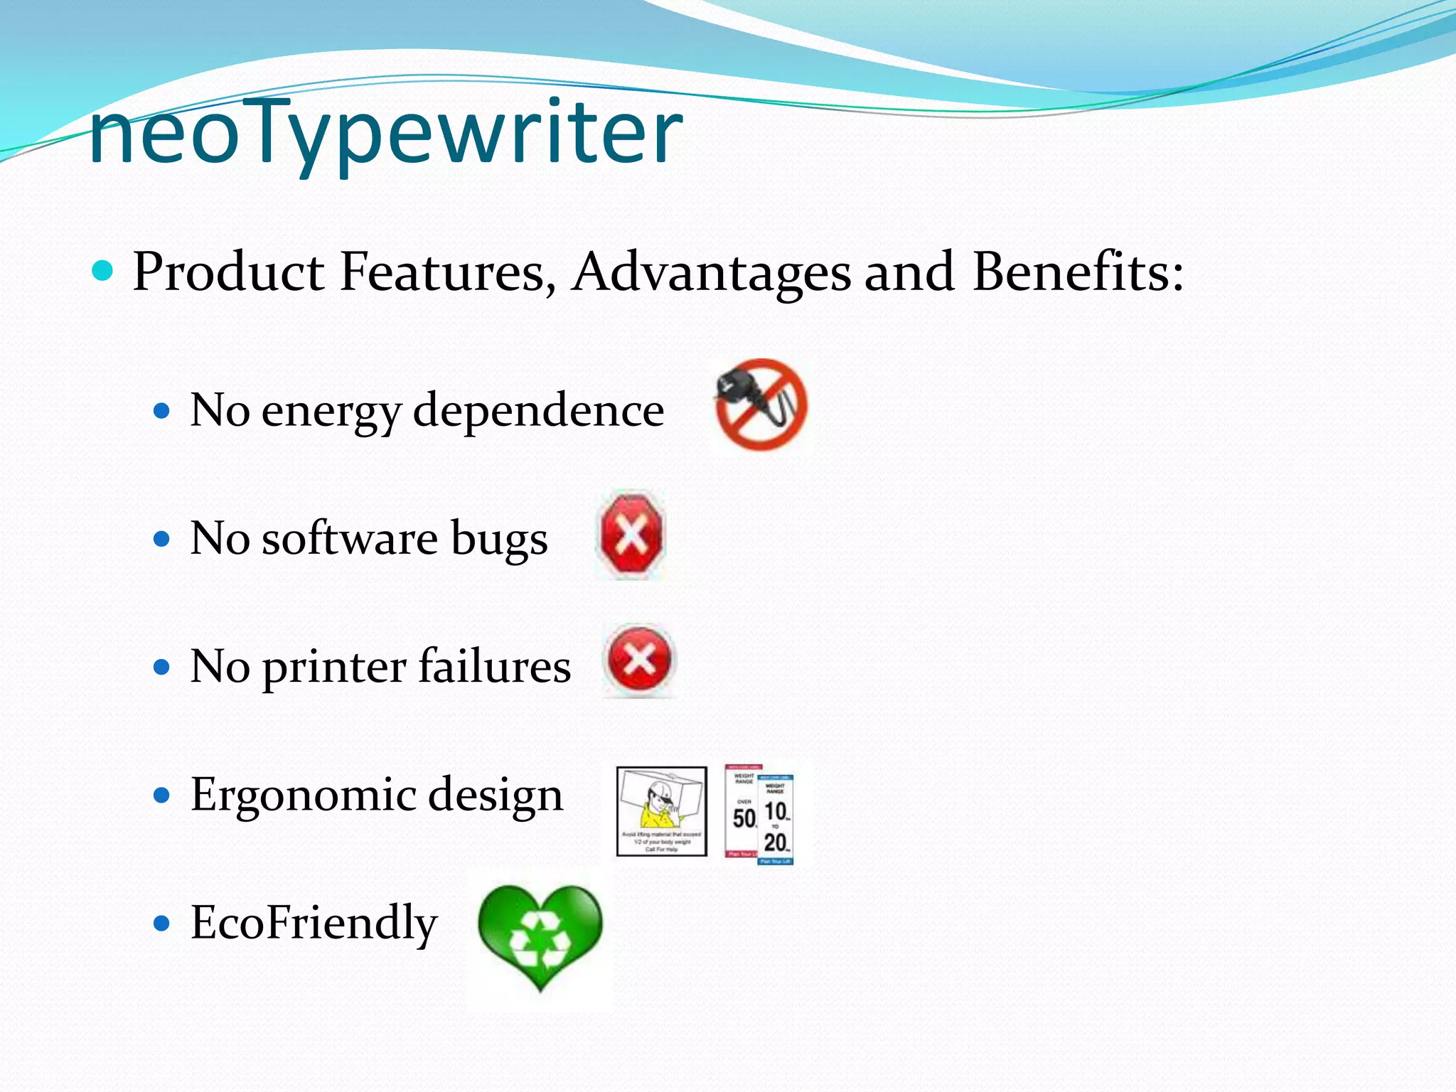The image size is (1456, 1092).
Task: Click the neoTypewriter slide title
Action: click(x=386, y=133)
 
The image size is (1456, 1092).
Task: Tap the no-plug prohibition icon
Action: click(x=761, y=405)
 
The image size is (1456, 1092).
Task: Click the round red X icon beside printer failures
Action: click(x=639, y=660)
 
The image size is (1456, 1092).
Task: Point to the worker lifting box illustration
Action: click(x=662, y=810)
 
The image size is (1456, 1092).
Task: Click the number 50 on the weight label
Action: click(x=744, y=818)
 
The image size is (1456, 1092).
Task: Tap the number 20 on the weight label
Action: click(x=776, y=843)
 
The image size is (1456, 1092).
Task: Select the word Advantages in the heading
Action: click(x=712, y=272)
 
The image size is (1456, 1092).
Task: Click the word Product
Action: click(x=228, y=272)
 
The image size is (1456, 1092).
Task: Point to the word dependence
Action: click(x=539, y=410)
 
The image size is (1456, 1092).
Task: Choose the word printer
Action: click(x=334, y=668)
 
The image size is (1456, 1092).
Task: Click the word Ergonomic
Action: click(x=303, y=796)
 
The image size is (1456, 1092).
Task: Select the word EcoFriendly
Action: click(x=314, y=923)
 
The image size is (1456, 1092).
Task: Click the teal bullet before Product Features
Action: click(x=103, y=271)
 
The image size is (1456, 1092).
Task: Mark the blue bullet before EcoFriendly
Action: click(x=162, y=924)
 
